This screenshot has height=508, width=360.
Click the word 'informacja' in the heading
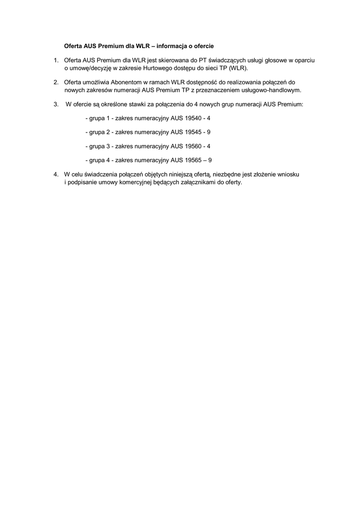172,46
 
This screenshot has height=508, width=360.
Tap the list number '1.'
56,60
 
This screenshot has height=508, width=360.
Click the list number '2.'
56,82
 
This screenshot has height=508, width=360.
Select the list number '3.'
56,105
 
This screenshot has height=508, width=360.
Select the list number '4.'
56,175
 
